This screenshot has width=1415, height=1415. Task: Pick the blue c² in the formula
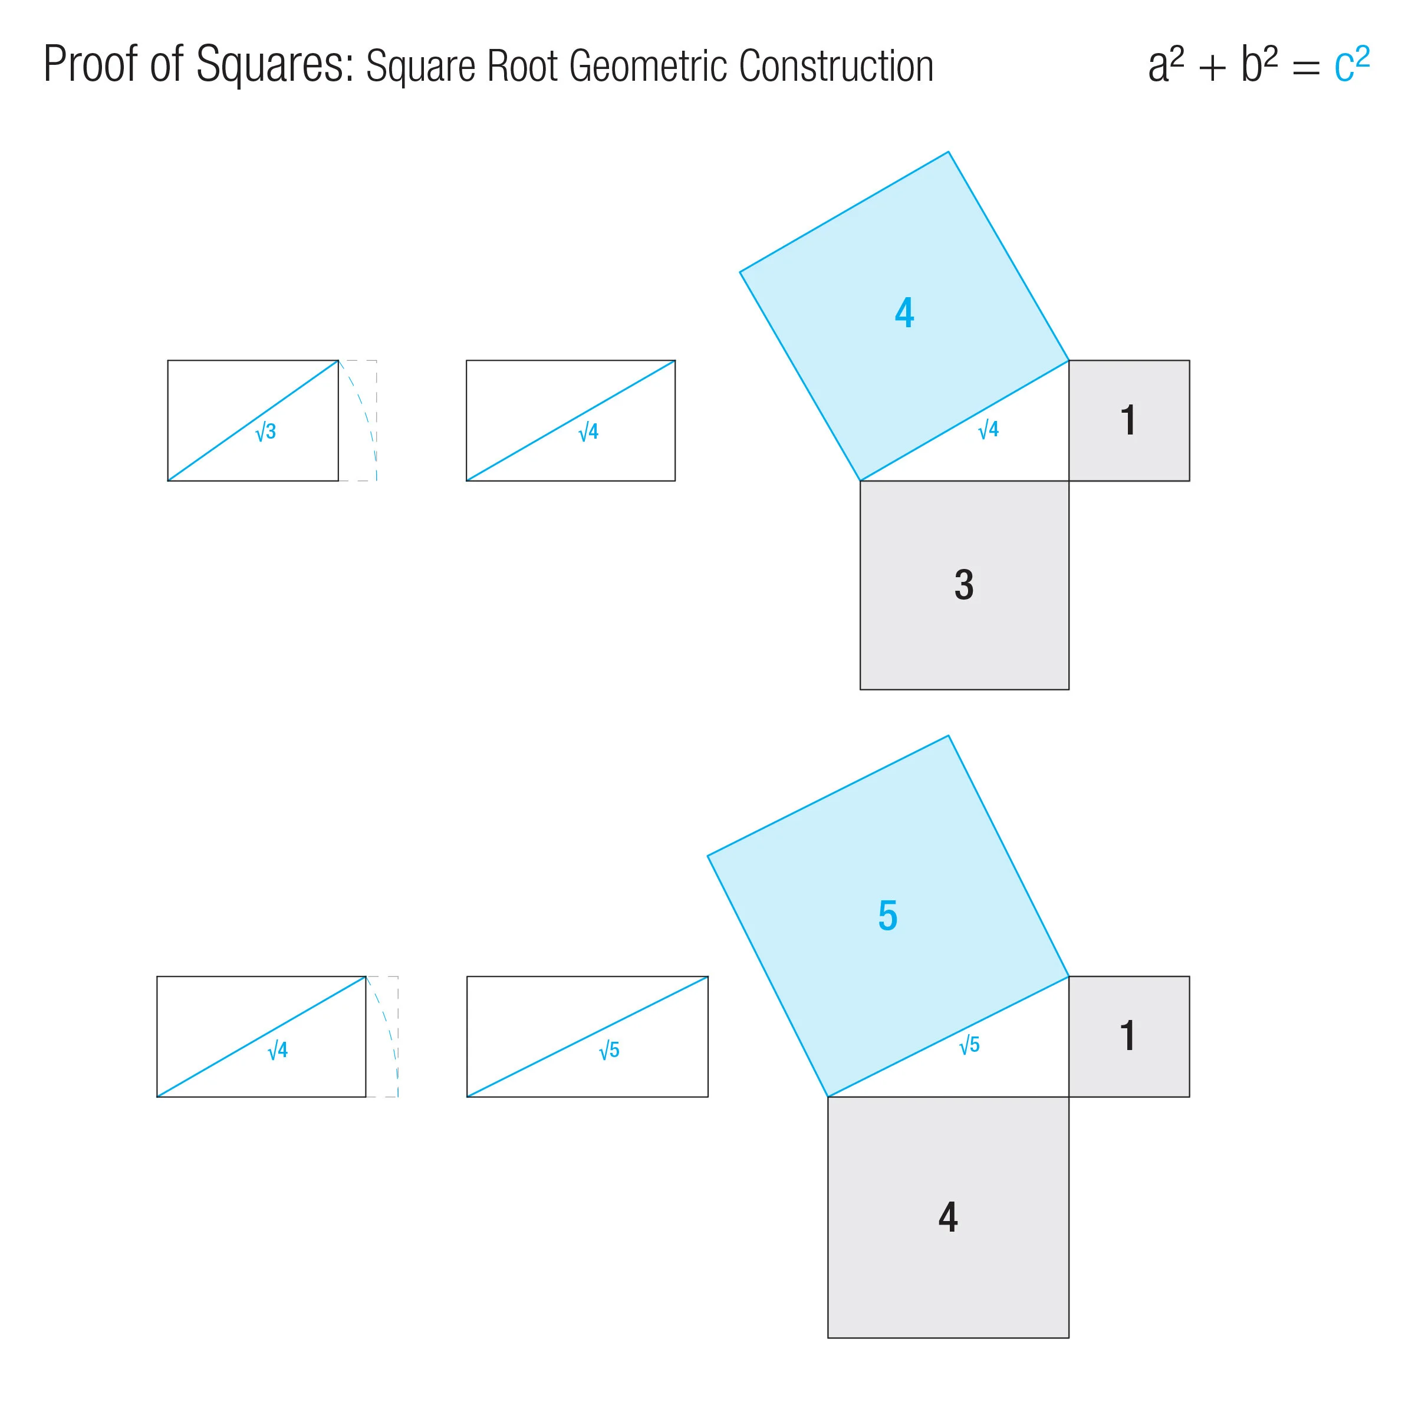click(x=1351, y=64)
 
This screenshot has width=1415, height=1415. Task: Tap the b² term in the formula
click(x=1258, y=64)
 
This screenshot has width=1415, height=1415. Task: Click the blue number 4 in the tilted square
click(x=904, y=312)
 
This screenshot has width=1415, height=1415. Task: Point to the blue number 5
click(x=888, y=916)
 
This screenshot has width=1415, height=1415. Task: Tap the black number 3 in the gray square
click(x=964, y=585)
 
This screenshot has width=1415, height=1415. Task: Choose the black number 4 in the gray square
click(x=947, y=1217)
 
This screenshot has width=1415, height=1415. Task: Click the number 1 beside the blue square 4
click(x=1128, y=420)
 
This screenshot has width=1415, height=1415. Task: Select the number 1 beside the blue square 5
click(x=1128, y=1036)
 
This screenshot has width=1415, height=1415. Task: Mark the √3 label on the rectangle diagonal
click(x=266, y=432)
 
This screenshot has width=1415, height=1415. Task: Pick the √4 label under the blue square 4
click(x=989, y=429)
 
